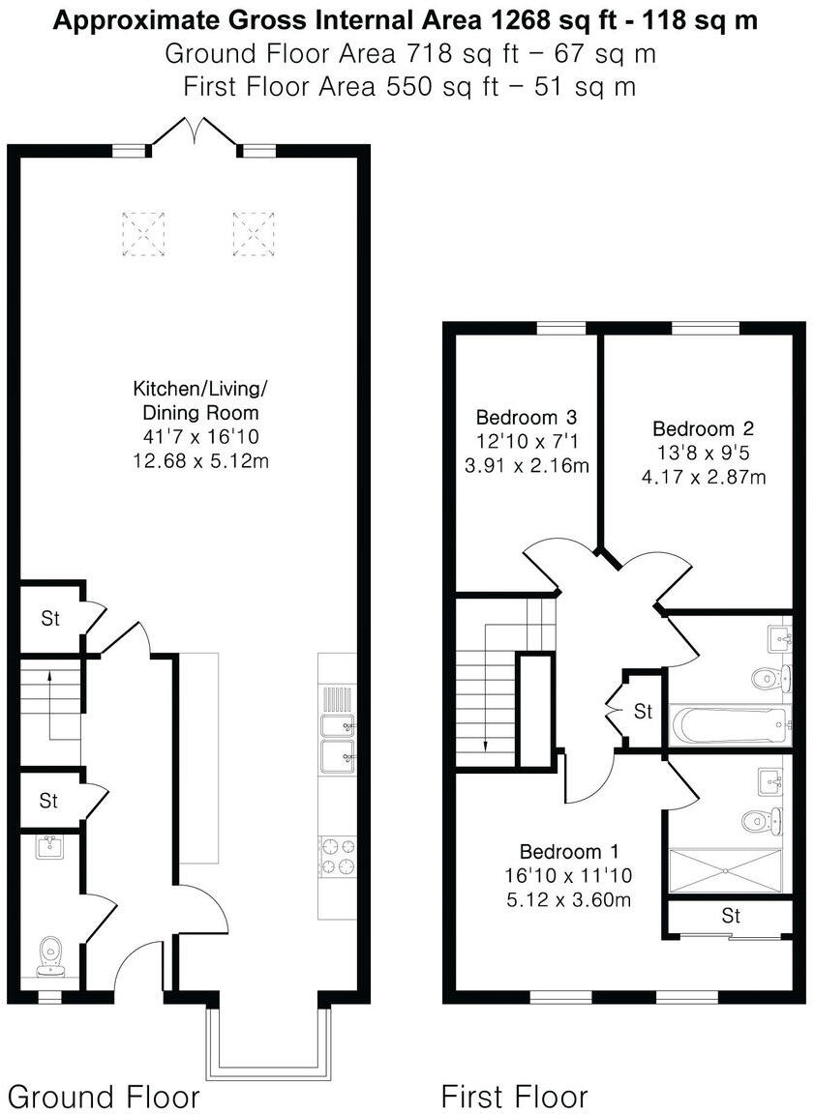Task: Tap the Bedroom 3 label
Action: pyautogui.click(x=527, y=418)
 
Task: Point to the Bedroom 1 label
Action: pyautogui.click(x=569, y=852)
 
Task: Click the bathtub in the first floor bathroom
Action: pyautogui.click(x=730, y=724)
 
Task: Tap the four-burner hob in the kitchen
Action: pyautogui.click(x=337, y=856)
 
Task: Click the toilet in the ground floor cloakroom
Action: pyautogui.click(x=48, y=954)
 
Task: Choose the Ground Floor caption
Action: pyautogui.click(x=104, y=1097)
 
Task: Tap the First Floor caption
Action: pyautogui.click(x=514, y=1097)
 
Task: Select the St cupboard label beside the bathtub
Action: pyautogui.click(x=643, y=712)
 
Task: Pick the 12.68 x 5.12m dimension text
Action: pyautogui.click(x=200, y=460)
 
